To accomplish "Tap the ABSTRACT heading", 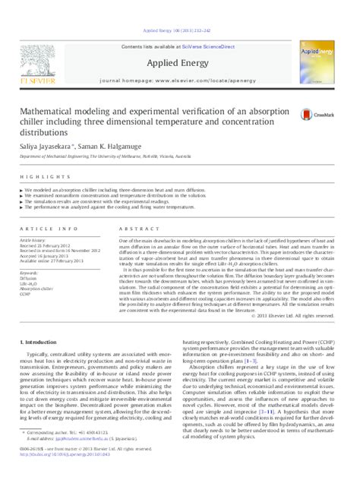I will (132, 228).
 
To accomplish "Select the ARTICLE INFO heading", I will (43, 228).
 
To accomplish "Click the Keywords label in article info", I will (30, 272).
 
